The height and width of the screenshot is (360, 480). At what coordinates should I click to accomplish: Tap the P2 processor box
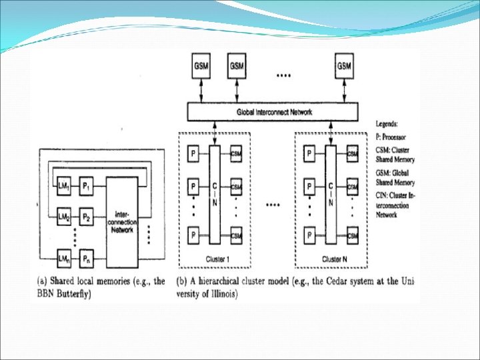pyautogui.click(x=87, y=217)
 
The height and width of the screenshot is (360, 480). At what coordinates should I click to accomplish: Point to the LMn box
pyautogui.click(x=64, y=257)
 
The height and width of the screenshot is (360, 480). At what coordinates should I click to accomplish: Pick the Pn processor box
pyautogui.click(x=87, y=257)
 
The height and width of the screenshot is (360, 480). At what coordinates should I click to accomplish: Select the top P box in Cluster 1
pyautogui.click(x=194, y=153)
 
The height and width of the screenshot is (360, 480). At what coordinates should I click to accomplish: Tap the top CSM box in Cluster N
pyautogui.click(x=353, y=154)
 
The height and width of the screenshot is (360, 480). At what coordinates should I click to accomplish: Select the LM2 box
pyautogui.click(x=64, y=217)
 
